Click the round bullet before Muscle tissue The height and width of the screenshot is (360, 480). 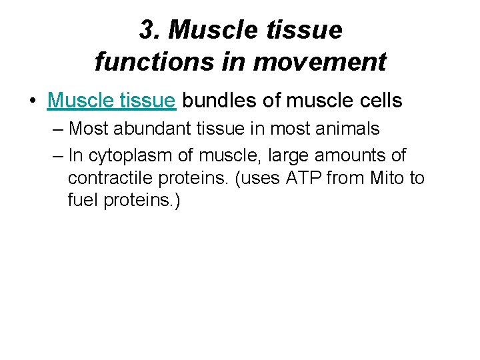click(x=32, y=101)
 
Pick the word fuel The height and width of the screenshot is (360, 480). click(x=83, y=201)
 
